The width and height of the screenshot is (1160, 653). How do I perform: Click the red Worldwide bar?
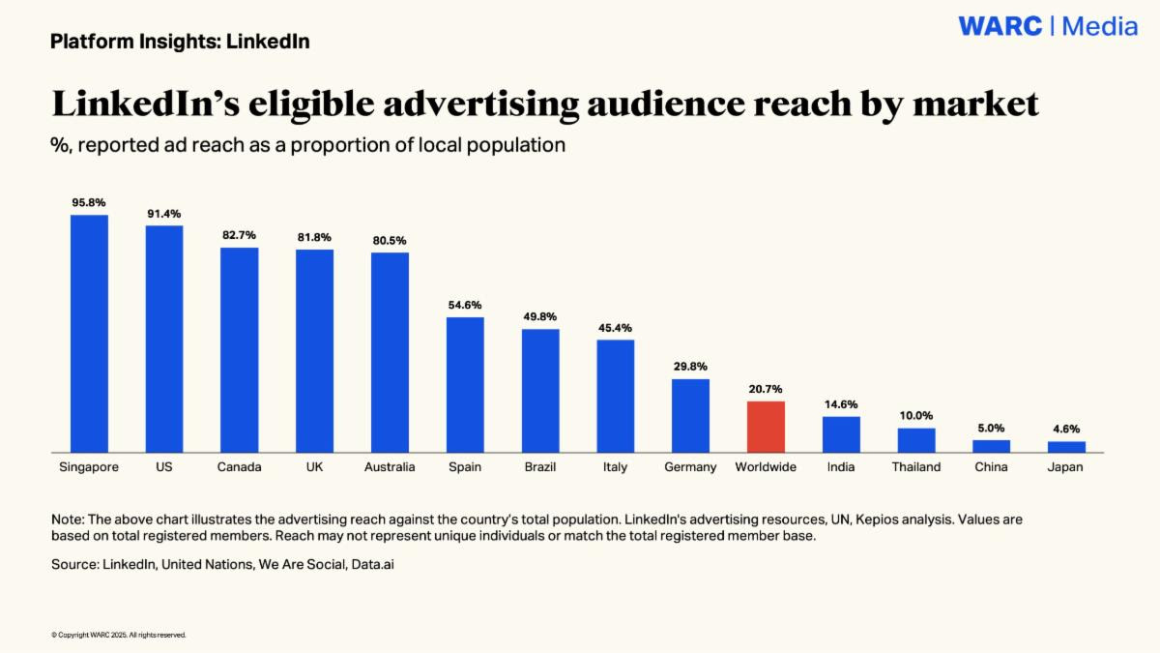[766, 427]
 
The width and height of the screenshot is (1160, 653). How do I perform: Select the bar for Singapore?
[89, 333]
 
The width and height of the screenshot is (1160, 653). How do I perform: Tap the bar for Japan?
[1066, 446]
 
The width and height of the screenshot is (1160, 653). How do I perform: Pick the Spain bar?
[465, 384]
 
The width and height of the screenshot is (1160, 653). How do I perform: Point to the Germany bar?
[690, 415]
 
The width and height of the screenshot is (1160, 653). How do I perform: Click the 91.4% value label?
[163, 214]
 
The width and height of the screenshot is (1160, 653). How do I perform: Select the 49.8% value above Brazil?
[540, 316]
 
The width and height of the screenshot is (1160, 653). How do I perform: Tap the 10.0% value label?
[916, 416]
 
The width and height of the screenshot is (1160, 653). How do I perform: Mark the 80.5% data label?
[390, 241]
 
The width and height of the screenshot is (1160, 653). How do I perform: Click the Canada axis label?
[239, 467]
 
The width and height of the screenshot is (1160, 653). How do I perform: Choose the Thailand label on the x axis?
[916, 467]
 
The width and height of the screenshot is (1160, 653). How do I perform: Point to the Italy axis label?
[615, 467]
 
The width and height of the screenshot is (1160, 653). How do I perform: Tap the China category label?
[991, 467]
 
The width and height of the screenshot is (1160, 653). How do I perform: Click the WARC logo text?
[1000, 27]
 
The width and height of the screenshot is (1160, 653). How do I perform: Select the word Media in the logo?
[1100, 27]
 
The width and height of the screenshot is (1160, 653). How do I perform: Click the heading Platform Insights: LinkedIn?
[180, 42]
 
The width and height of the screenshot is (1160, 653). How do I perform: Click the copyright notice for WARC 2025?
[118, 635]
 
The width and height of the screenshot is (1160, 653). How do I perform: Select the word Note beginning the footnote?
[68, 519]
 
